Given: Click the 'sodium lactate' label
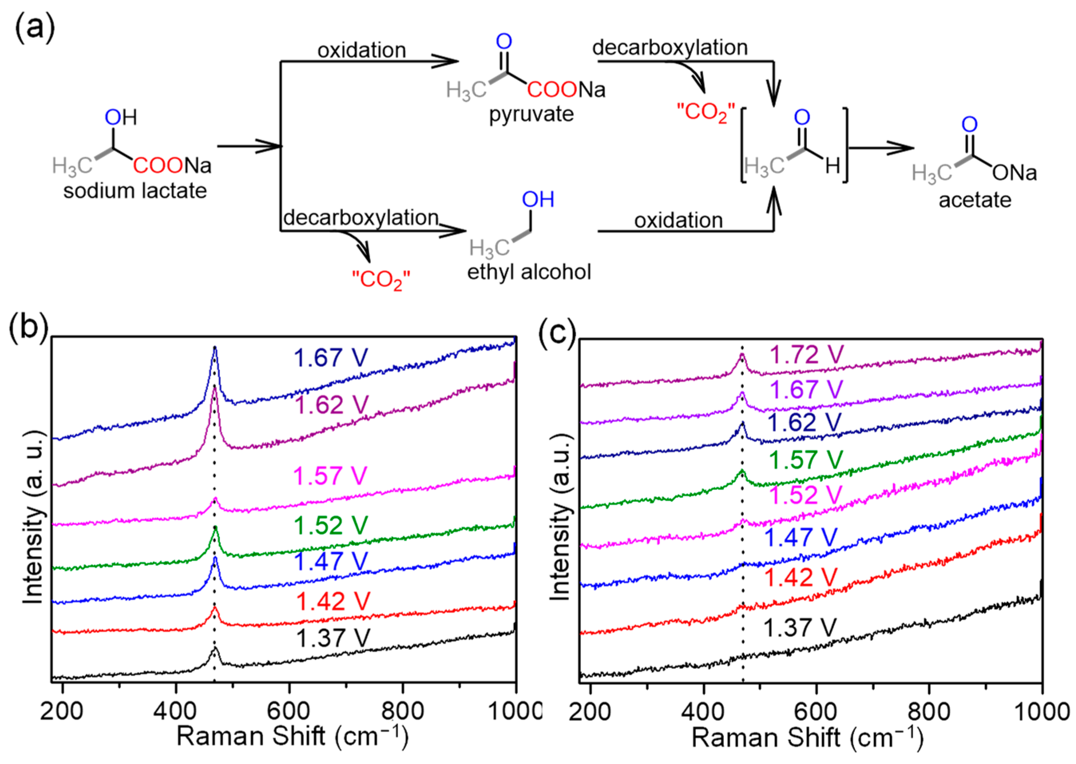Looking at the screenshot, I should click(x=135, y=191).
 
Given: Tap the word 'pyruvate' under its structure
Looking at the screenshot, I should click(x=531, y=114).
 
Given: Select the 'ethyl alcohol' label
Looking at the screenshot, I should click(x=529, y=272).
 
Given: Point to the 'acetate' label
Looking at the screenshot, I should click(x=975, y=200).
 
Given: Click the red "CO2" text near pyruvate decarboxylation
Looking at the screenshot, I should click(x=705, y=113).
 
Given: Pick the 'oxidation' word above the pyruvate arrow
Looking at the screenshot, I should click(x=362, y=50).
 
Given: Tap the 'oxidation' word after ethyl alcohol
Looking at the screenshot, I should click(x=678, y=220).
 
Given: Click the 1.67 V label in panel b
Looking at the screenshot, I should click(x=331, y=357).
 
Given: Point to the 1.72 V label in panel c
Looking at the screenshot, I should click(x=807, y=355).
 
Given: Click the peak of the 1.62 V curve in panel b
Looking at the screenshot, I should click(x=215, y=387).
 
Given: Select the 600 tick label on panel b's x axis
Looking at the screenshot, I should click(x=288, y=711).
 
